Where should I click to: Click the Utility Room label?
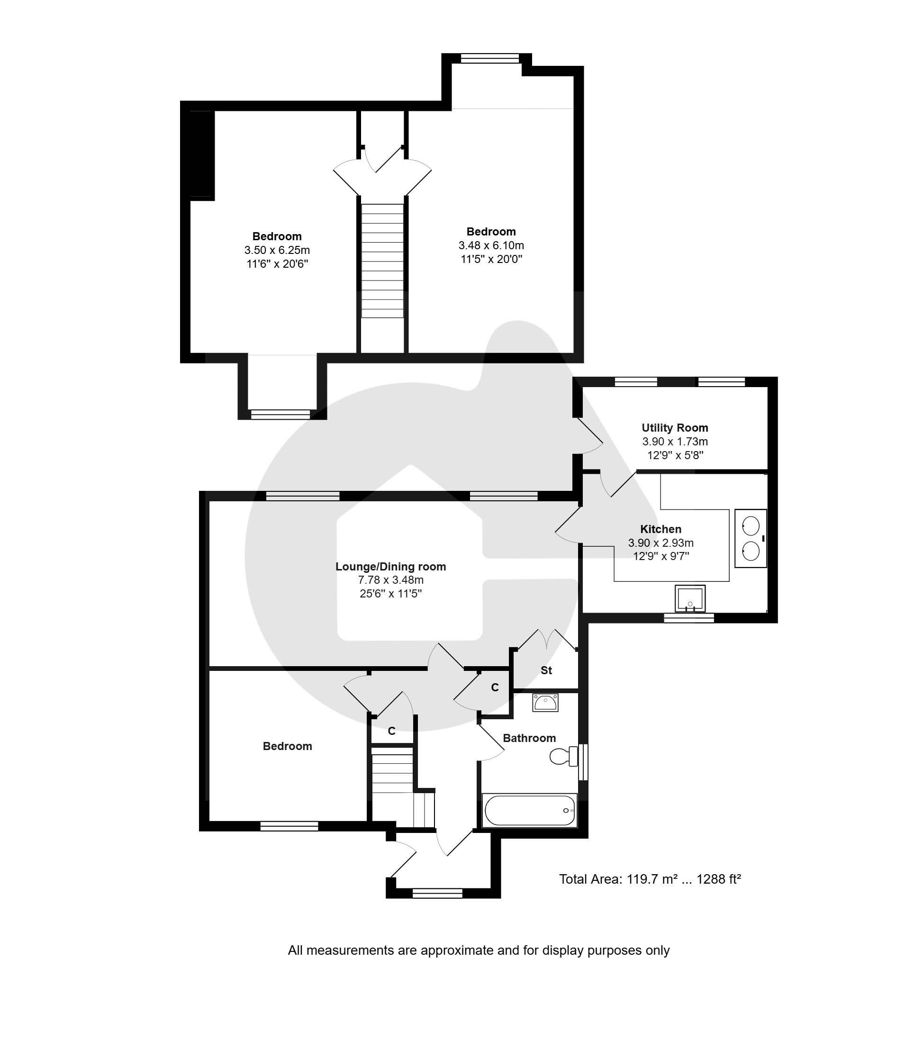(675, 428)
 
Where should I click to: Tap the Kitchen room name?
(661, 529)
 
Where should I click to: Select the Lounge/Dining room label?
(390, 567)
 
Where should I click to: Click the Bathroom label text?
(529, 738)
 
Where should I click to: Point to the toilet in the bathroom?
(564, 756)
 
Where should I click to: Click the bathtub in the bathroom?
(530, 811)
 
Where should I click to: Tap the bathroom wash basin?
(545, 703)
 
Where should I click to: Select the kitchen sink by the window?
(690, 598)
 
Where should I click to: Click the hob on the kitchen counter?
(751, 538)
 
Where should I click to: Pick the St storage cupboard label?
(546, 670)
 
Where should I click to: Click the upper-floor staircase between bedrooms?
(382, 261)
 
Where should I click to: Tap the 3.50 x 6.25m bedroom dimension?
(277, 250)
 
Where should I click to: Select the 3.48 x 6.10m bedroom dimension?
(491, 245)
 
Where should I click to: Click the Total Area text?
(650, 879)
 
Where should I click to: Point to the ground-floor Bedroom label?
(287, 746)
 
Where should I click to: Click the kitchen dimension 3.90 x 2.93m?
(661, 543)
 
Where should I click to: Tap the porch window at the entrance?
(437, 894)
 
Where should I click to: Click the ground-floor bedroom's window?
(289, 826)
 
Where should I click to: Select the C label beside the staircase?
(391, 731)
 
